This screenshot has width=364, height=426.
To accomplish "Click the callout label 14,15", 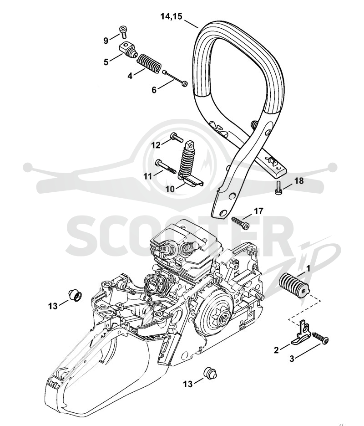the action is (x=171, y=16).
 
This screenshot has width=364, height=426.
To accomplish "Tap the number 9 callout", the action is (x=106, y=41).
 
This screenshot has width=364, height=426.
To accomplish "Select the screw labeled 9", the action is (x=123, y=31).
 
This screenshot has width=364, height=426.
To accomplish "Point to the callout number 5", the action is (x=106, y=62).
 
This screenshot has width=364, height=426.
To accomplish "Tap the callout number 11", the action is (x=148, y=176).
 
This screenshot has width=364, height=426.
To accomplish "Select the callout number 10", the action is (x=170, y=189).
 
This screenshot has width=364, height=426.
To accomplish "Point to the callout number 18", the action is (x=299, y=180).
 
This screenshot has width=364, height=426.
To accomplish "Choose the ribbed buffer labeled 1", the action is (x=294, y=286).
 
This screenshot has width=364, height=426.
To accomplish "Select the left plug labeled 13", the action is (x=74, y=295).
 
